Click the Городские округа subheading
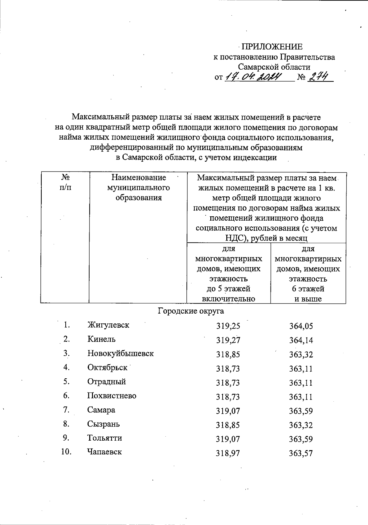coord(191,311)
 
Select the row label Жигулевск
coord(108,325)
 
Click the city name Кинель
coord(102,339)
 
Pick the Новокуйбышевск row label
coord(121,353)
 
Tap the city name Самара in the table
coord(101,410)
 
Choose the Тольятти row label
coord(105,438)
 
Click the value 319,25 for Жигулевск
coord(228,326)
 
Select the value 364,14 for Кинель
coord(301,340)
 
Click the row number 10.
coord(66,452)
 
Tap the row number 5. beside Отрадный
coord(67,382)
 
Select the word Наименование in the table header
coord(139,178)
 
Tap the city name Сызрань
coord(104,424)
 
